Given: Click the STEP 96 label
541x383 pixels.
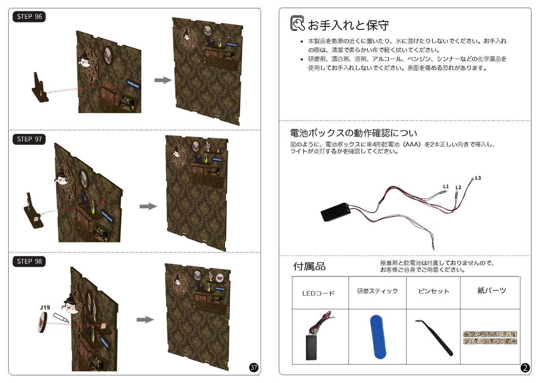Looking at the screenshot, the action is tap(29, 16).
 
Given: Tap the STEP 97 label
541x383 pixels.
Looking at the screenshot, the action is tap(29, 139).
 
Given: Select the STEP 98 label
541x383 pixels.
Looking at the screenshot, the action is tap(29, 261).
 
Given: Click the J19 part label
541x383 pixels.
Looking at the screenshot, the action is tap(45, 307).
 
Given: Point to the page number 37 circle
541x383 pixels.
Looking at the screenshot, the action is tap(253, 368).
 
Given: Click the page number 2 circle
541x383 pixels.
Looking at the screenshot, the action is tap(525, 368).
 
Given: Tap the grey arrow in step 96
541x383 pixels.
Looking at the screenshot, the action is tap(163, 80).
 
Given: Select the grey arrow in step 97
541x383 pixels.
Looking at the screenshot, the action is tap(148, 206).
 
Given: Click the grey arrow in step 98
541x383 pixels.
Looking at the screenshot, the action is tap(145, 320).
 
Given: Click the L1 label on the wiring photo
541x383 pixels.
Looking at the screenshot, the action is tap(446, 186).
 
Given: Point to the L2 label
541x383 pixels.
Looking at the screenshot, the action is tap(458, 187).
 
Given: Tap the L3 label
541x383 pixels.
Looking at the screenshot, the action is tap(478, 178).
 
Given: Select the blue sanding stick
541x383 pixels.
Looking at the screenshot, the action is tap(378, 337).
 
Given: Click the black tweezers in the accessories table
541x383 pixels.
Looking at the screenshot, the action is tap(434, 338).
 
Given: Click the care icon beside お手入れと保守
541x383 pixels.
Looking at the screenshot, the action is tap(297, 23).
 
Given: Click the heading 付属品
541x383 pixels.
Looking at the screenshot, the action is tap(309, 266).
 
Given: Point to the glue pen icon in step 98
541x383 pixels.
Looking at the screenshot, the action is tap(61, 318).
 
